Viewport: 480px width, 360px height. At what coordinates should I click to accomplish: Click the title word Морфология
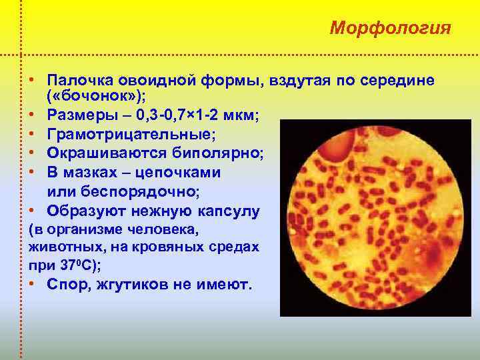(x=391, y=29)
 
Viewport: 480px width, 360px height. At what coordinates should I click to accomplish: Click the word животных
(x=59, y=247)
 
